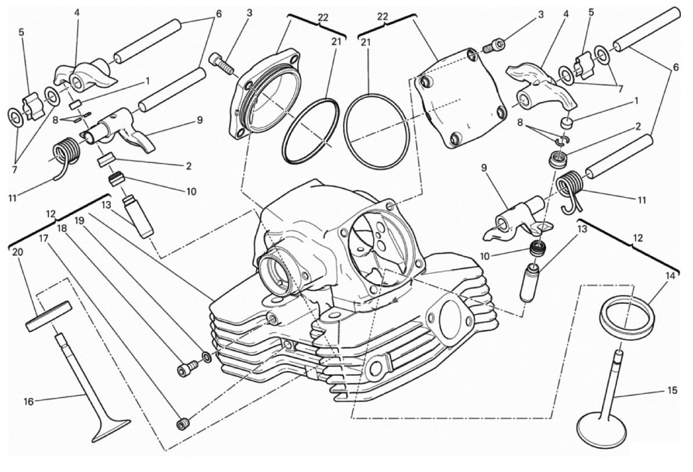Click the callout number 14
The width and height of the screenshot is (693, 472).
click(671, 276)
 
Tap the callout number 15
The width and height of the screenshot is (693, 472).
click(672, 390)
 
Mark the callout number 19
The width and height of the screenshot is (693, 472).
click(80, 220)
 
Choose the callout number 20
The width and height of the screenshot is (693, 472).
click(16, 253)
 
